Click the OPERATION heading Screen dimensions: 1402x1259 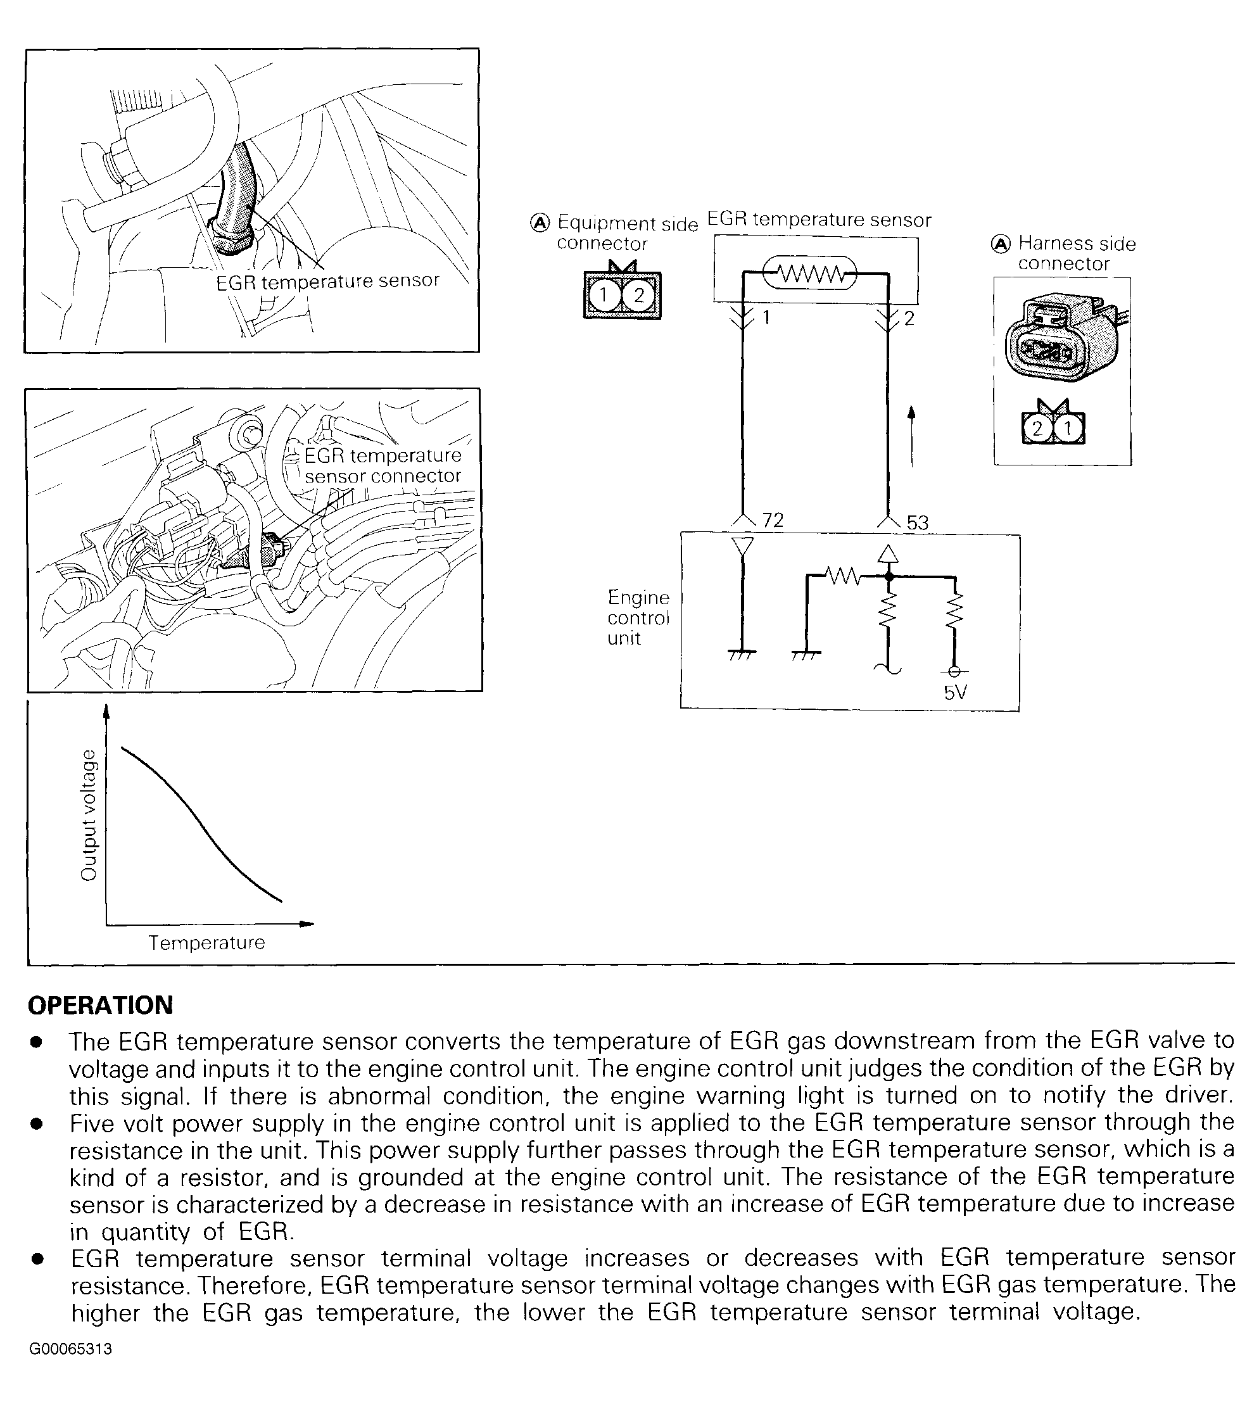(100, 1006)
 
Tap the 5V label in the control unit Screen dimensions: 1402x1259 (954, 692)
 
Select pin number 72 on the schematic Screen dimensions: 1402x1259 (773, 520)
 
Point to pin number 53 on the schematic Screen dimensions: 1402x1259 (917, 523)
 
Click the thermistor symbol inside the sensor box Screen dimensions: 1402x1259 (809, 275)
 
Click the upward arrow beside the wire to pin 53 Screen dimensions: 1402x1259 (912, 436)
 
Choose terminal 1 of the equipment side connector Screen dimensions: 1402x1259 (603, 296)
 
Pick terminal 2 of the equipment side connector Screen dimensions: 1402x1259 (638, 296)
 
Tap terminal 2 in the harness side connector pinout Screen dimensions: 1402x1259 (1036, 429)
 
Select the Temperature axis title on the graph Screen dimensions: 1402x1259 (207, 943)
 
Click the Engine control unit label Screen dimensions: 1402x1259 (638, 617)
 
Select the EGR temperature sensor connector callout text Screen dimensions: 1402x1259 (383, 465)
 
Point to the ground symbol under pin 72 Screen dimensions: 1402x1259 (742, 653)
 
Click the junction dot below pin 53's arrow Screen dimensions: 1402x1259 (890, 576)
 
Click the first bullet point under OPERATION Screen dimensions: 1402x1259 (37, 1042)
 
